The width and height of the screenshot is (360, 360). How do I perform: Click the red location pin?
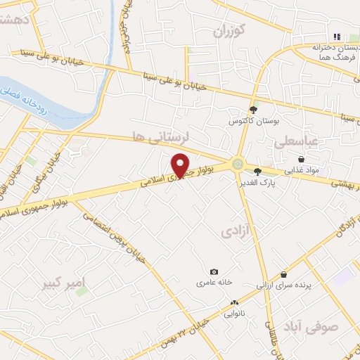pyautogui.click(x=181, y=165)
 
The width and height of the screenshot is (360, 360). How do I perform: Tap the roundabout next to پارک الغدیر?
pyautogui.click(x=238, y=165)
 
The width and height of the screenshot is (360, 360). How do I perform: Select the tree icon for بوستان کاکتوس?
pyautogui.click(x=255, y=106)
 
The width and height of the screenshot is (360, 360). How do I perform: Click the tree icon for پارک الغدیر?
pyautogui.click(x=258, y=171)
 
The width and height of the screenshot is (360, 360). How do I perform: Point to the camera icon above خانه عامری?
pyautogui.click(x=214, y=272)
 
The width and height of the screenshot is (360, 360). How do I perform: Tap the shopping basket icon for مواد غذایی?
pyautogui.click(x=301, y=160)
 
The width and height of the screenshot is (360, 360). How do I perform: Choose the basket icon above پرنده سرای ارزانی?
pyautogui.click(x=283, y=274)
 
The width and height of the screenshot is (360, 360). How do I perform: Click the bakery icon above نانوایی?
pyautogui.click(x=233, y=303)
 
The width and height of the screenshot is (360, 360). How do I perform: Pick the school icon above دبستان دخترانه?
pyautogui.click(x=336, y=37)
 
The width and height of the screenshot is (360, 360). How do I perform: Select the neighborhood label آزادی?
pyautogui.click(x=236, y=231)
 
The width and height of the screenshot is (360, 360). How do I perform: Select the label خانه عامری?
pyautogui.click(x=216, y=283)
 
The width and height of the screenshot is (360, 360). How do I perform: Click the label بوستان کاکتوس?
pyautogui.click(x=248, y=120)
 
